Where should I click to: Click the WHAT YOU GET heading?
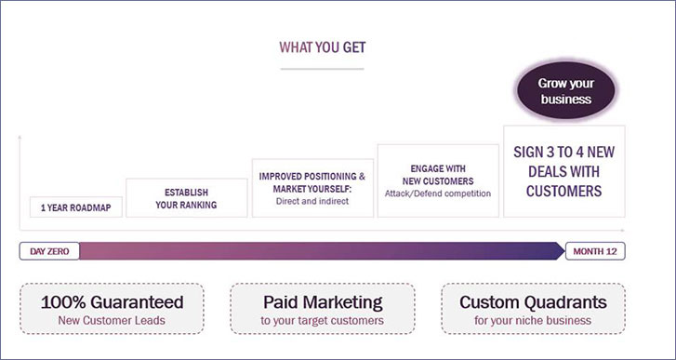point(323,47)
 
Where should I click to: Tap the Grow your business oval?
point(565,91)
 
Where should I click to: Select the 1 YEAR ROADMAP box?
point(76,207)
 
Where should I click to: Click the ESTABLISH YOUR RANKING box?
point(187,198)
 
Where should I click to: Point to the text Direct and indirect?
point(312,201)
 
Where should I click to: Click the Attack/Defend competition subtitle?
point(438,193)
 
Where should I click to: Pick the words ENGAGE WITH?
point(438,168)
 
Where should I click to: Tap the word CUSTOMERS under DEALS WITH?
point(563,191)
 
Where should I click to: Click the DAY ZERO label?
point(49,251)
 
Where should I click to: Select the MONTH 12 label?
point(595,251)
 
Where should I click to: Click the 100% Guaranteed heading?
point(113,302)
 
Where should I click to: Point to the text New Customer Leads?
point(112,321)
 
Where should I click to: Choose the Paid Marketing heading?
point(323,302)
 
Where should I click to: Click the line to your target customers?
point(322,321)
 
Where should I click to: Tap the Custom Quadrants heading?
point(534,302)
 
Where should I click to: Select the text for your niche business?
point(533,321)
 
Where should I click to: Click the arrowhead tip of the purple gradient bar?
point(564,251)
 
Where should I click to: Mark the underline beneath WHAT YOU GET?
point(322,69)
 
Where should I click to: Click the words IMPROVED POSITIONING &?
point(312,177)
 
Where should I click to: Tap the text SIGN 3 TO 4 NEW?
point(563,153)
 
